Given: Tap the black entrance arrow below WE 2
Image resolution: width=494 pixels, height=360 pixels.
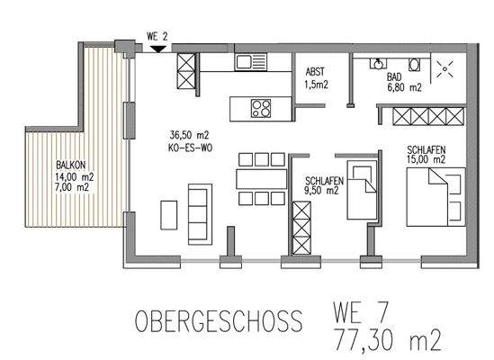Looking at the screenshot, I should tap(158, 49).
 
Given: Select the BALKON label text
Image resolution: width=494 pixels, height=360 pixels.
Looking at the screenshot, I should tap(71, 166).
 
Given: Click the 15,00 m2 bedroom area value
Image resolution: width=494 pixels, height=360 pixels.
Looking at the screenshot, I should tap(426, 159).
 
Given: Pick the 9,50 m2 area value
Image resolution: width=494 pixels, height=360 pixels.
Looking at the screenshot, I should tap(320, 191).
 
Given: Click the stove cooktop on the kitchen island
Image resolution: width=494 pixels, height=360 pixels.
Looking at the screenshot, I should tap(261, 110).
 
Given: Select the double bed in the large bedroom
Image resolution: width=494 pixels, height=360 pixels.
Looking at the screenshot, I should tap(433, 198).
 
